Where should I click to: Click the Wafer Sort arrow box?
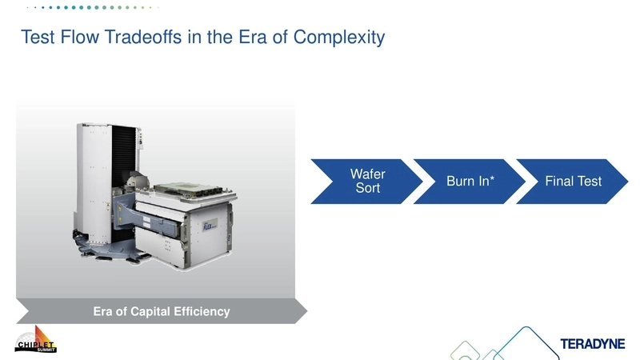tap(367, 182)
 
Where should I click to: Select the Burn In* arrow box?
tap(470, 182)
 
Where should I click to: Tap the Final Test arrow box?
tap(573, 182)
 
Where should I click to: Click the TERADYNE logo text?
tap(593, 344)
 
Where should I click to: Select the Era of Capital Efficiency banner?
tap(161, 311)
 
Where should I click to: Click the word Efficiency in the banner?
tap(201, 311)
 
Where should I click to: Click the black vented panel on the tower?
tap(121, 152)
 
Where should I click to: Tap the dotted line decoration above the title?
tap(88, 7)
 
